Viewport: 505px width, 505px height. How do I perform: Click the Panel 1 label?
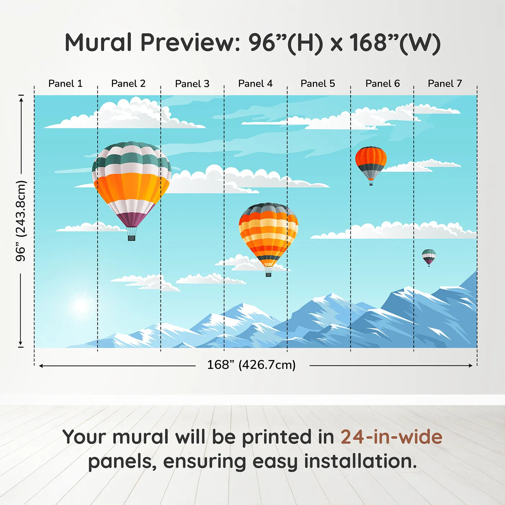(65, 84)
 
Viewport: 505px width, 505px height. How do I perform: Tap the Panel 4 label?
(255, 84)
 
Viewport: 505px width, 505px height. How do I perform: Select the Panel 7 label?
(444, 84)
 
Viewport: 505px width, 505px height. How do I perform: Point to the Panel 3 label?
(192, 84)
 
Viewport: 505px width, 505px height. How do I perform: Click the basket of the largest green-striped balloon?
(131, 238)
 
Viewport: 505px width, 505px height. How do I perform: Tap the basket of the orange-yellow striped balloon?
(268, 275)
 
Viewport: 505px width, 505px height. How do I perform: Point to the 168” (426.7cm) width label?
(251, 365)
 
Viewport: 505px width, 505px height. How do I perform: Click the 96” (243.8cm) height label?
(21, 221)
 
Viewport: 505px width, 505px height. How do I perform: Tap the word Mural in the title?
(98, 43)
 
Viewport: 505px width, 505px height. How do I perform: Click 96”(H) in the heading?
(285, 43)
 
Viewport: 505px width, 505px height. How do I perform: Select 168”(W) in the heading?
(395, 43)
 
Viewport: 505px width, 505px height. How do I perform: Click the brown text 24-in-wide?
(391, 437)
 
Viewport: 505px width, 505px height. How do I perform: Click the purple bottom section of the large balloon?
(132, 219)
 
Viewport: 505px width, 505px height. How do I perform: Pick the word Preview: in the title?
(190, 43)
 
